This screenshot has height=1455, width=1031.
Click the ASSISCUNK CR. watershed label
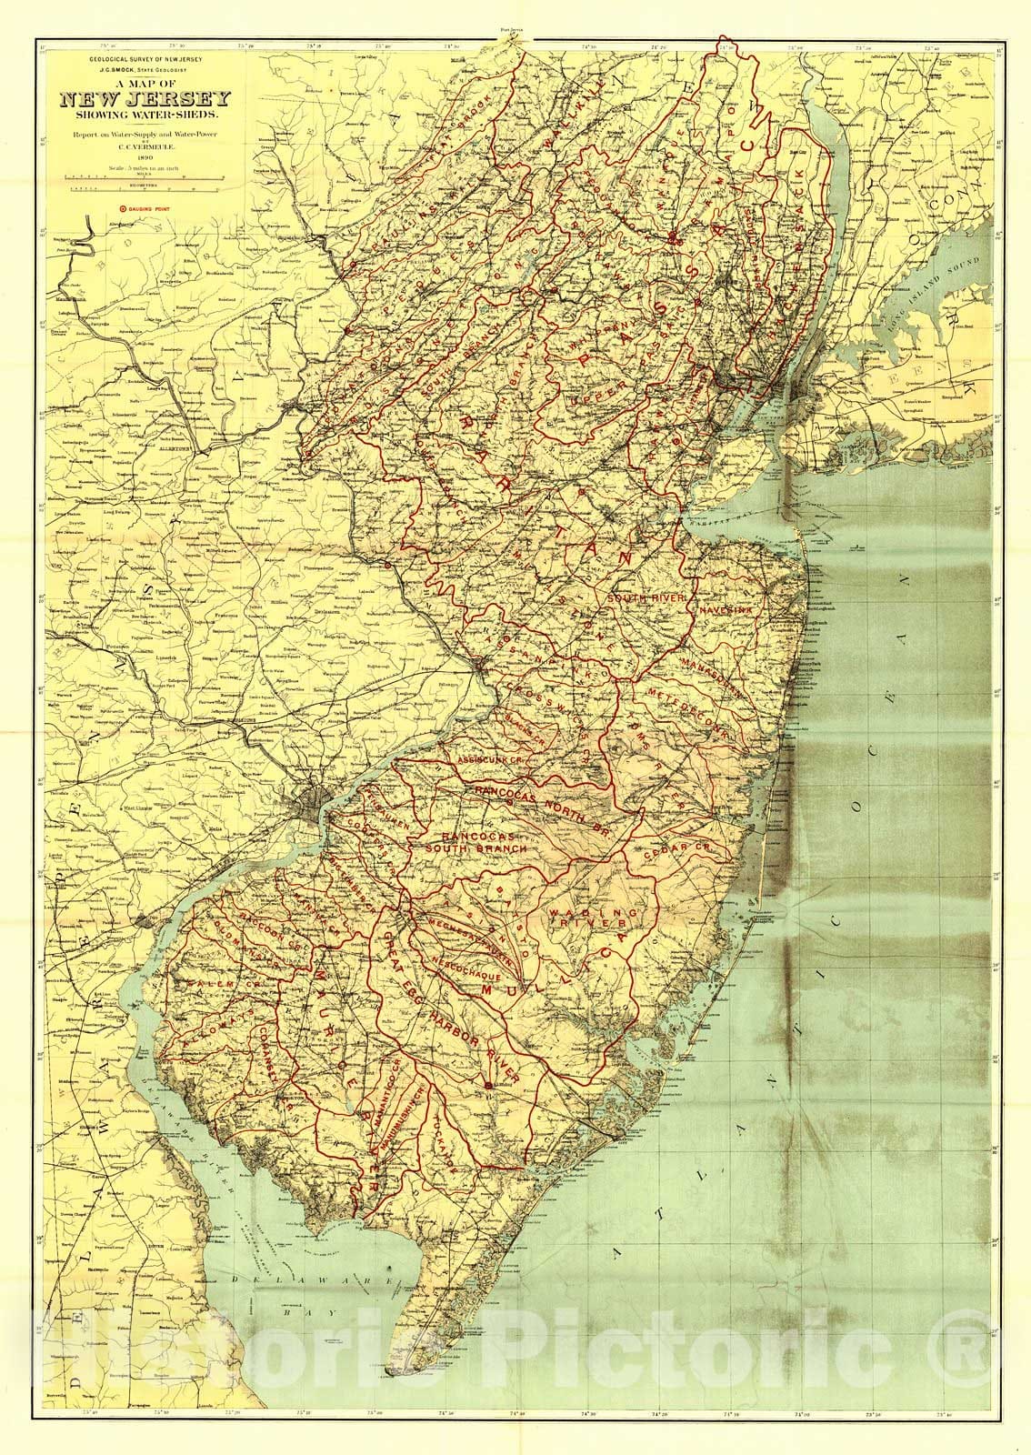point(491,757)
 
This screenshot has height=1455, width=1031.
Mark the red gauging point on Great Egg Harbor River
point(490,1084)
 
